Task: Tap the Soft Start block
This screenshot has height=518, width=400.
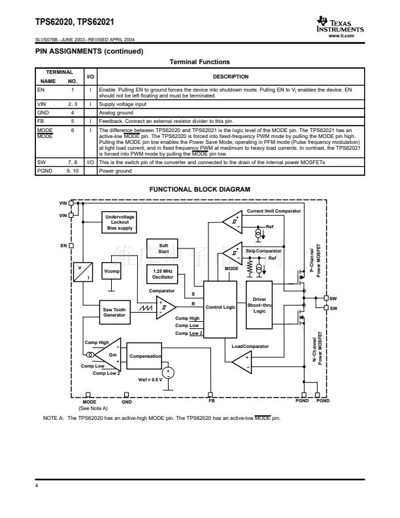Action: [x=163, y=248]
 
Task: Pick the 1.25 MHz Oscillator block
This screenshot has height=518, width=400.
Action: [x=163, y=273]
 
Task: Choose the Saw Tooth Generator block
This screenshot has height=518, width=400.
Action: [x=114, y=311]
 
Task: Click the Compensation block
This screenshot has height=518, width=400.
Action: [x=145, y=356]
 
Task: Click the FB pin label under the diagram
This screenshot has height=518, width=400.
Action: [x=211, y=401]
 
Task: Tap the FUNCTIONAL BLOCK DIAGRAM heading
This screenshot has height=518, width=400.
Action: [x=199, y=190]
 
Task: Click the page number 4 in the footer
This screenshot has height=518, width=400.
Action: [x=37, y=486]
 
